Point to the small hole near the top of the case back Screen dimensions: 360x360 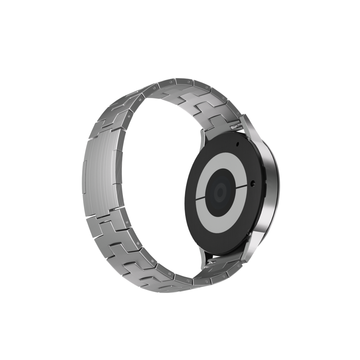(x=237, y=144)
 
